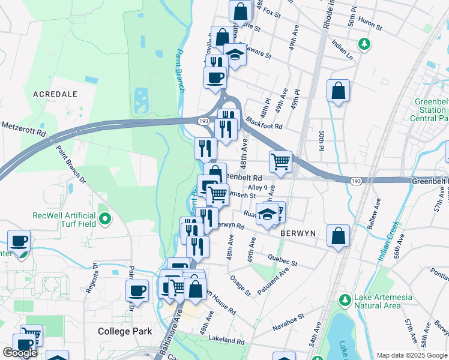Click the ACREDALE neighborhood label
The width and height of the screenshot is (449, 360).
pyautogui.click(x=55, y=94)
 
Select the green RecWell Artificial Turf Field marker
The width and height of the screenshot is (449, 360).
pyautogui.click(x=106, y=219)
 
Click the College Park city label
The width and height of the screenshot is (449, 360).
pyautogui.click(x=125, y=331)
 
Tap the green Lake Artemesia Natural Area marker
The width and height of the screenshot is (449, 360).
pyautogui.click(x=345, y=299)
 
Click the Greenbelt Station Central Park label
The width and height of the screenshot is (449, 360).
pyautogui.click(x=430, y=110)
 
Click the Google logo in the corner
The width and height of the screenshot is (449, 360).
pyautogui.click(x=20, y=353)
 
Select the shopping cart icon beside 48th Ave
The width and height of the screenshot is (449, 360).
pyautogui.click(x=280, y=161)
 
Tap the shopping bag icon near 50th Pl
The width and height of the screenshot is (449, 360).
pyautogui.click(x=339, y=91)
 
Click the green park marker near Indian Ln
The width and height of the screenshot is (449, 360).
pyautogui.click(x=363, y=44)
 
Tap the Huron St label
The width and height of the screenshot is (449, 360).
pyautogui.click(x=370, y=25)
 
